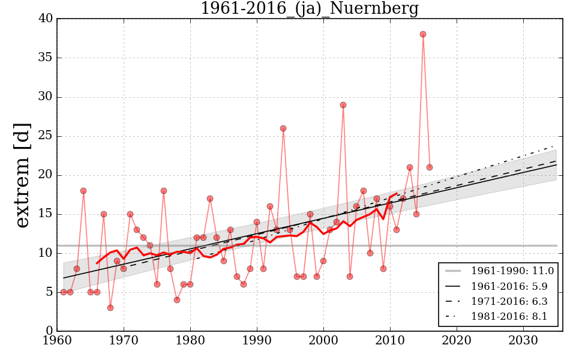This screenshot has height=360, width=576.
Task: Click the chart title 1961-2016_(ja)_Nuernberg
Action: (309, 9)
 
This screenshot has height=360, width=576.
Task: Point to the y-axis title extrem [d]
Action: (22, 175)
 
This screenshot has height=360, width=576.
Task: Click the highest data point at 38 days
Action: (423, 34)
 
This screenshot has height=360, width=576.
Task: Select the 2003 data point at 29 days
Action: (343, 105)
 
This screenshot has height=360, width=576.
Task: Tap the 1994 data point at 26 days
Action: (283, 128)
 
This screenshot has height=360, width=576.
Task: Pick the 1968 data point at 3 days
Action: (110, 308)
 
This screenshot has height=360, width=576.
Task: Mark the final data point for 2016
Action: (430, 167)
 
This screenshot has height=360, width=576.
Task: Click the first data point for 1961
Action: (64, 292)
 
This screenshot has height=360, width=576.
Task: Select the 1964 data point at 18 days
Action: (83, 191)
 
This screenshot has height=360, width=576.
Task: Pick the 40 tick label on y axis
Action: (46, 19)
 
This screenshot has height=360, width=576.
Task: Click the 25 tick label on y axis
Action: (46, 136)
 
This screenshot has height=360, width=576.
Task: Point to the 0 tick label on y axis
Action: (49, 331)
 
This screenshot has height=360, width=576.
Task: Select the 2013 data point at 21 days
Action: (410, 167)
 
